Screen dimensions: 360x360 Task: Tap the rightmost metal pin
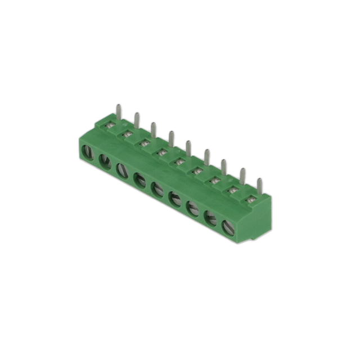(259, 185)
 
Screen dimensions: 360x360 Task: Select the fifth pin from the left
(189, 147)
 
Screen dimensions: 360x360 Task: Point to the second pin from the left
(136, 119)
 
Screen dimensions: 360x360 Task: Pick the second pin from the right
(242, 175)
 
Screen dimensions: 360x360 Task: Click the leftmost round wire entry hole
(88, 151)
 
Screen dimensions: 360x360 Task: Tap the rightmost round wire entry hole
(228, 228)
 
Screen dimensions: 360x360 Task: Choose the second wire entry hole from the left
(105, 161)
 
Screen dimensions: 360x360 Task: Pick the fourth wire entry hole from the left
(139, 180)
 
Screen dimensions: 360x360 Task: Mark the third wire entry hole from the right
(192, 209)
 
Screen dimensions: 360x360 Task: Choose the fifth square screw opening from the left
(180, 162)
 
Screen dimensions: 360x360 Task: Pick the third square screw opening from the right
(215, 181)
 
